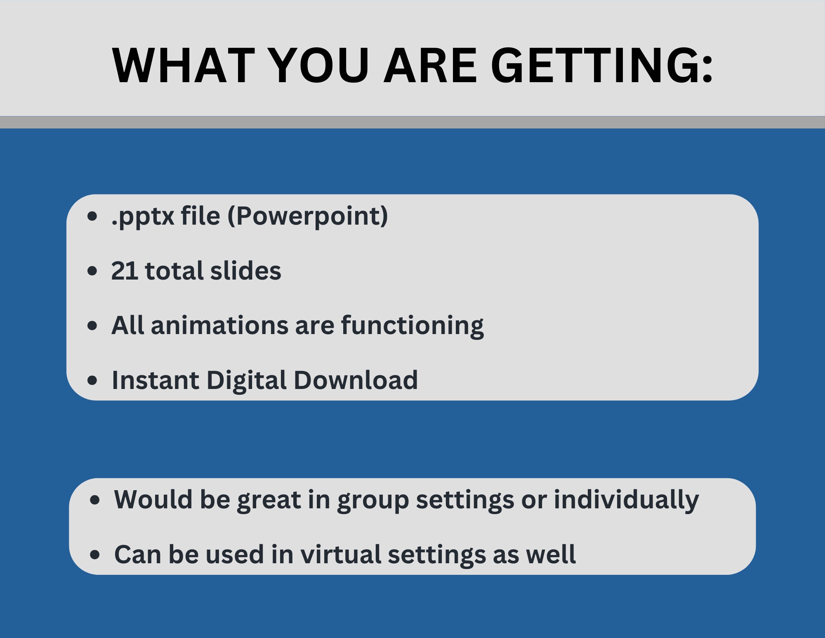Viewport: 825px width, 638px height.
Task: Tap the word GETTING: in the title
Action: (602, 66)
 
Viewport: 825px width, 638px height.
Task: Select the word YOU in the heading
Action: (320, 66)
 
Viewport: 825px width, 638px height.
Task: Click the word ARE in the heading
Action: (430, 66)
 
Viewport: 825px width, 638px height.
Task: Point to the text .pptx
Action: (143, 217)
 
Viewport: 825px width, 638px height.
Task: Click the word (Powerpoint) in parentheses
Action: (308, 217)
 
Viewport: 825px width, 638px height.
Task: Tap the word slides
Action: (245, 271)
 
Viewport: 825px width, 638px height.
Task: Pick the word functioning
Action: (412, 326)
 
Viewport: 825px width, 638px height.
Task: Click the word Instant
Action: (155, 380)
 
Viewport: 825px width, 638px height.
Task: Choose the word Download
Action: (356, 380)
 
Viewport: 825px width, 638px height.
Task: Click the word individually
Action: (626, 500)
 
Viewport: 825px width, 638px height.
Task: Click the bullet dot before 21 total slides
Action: (93, 271)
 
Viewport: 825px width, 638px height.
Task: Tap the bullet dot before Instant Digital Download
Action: (93, 380)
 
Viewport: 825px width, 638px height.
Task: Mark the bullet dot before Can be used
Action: (95, 555)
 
